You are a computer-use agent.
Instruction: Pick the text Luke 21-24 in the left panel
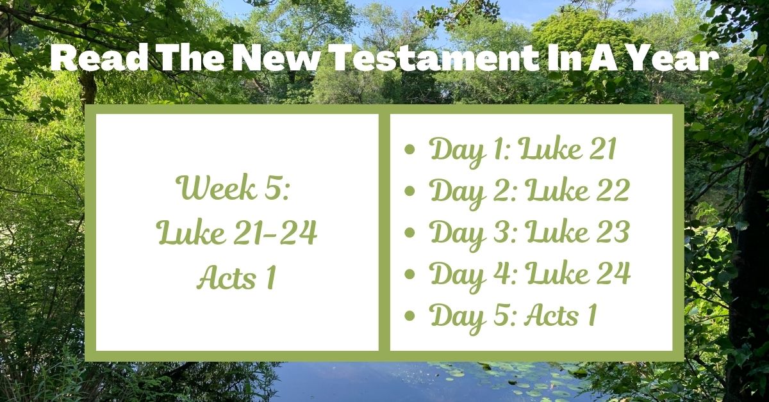[x=237, y=234]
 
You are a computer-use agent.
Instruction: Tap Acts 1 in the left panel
[x=237, y=277]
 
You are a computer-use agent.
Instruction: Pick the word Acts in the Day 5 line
[x=549, y=315]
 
